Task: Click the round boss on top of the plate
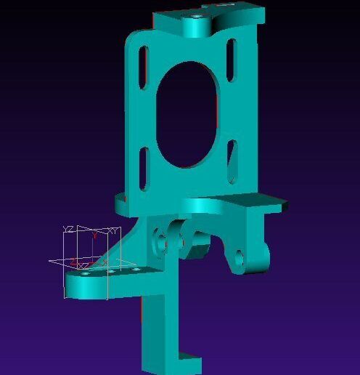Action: (x=197, y=27)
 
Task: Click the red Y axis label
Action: (x=94, y=235)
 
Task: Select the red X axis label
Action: (x=105, y=261)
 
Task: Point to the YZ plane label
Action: (x=68, y=230)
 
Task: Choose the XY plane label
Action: (x=112, y=230)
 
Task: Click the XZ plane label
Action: (x=84, y=266)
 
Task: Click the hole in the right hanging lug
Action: (x=240, y=257)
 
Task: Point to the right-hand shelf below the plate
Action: (x=250, y=203)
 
